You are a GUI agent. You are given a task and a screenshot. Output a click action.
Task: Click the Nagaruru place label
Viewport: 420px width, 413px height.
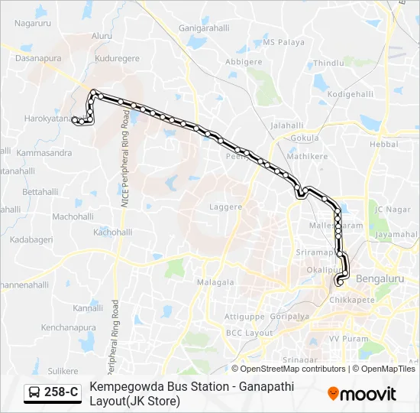point(32,24)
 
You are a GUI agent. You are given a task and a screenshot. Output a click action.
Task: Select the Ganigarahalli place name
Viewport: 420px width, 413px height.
point(204,28)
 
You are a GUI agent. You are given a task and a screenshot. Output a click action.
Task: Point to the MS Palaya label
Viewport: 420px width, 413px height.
point(284,43)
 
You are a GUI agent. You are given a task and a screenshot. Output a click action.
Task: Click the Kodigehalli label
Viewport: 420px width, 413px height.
point(348,93)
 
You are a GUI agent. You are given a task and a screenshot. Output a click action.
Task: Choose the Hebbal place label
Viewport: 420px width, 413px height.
point(384,144)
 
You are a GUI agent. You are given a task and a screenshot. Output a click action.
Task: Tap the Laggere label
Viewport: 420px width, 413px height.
point(225,206)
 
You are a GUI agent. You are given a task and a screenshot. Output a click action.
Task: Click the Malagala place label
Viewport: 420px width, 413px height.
point(215,282)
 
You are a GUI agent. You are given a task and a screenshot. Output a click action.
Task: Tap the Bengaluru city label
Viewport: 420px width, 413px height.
point(380,279)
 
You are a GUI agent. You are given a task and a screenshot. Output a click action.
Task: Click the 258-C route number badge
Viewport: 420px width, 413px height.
point(61,392)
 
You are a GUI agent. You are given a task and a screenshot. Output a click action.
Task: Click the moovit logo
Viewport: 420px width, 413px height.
point(362,394)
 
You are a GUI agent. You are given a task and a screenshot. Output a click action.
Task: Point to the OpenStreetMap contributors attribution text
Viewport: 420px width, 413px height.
point(288,369)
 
